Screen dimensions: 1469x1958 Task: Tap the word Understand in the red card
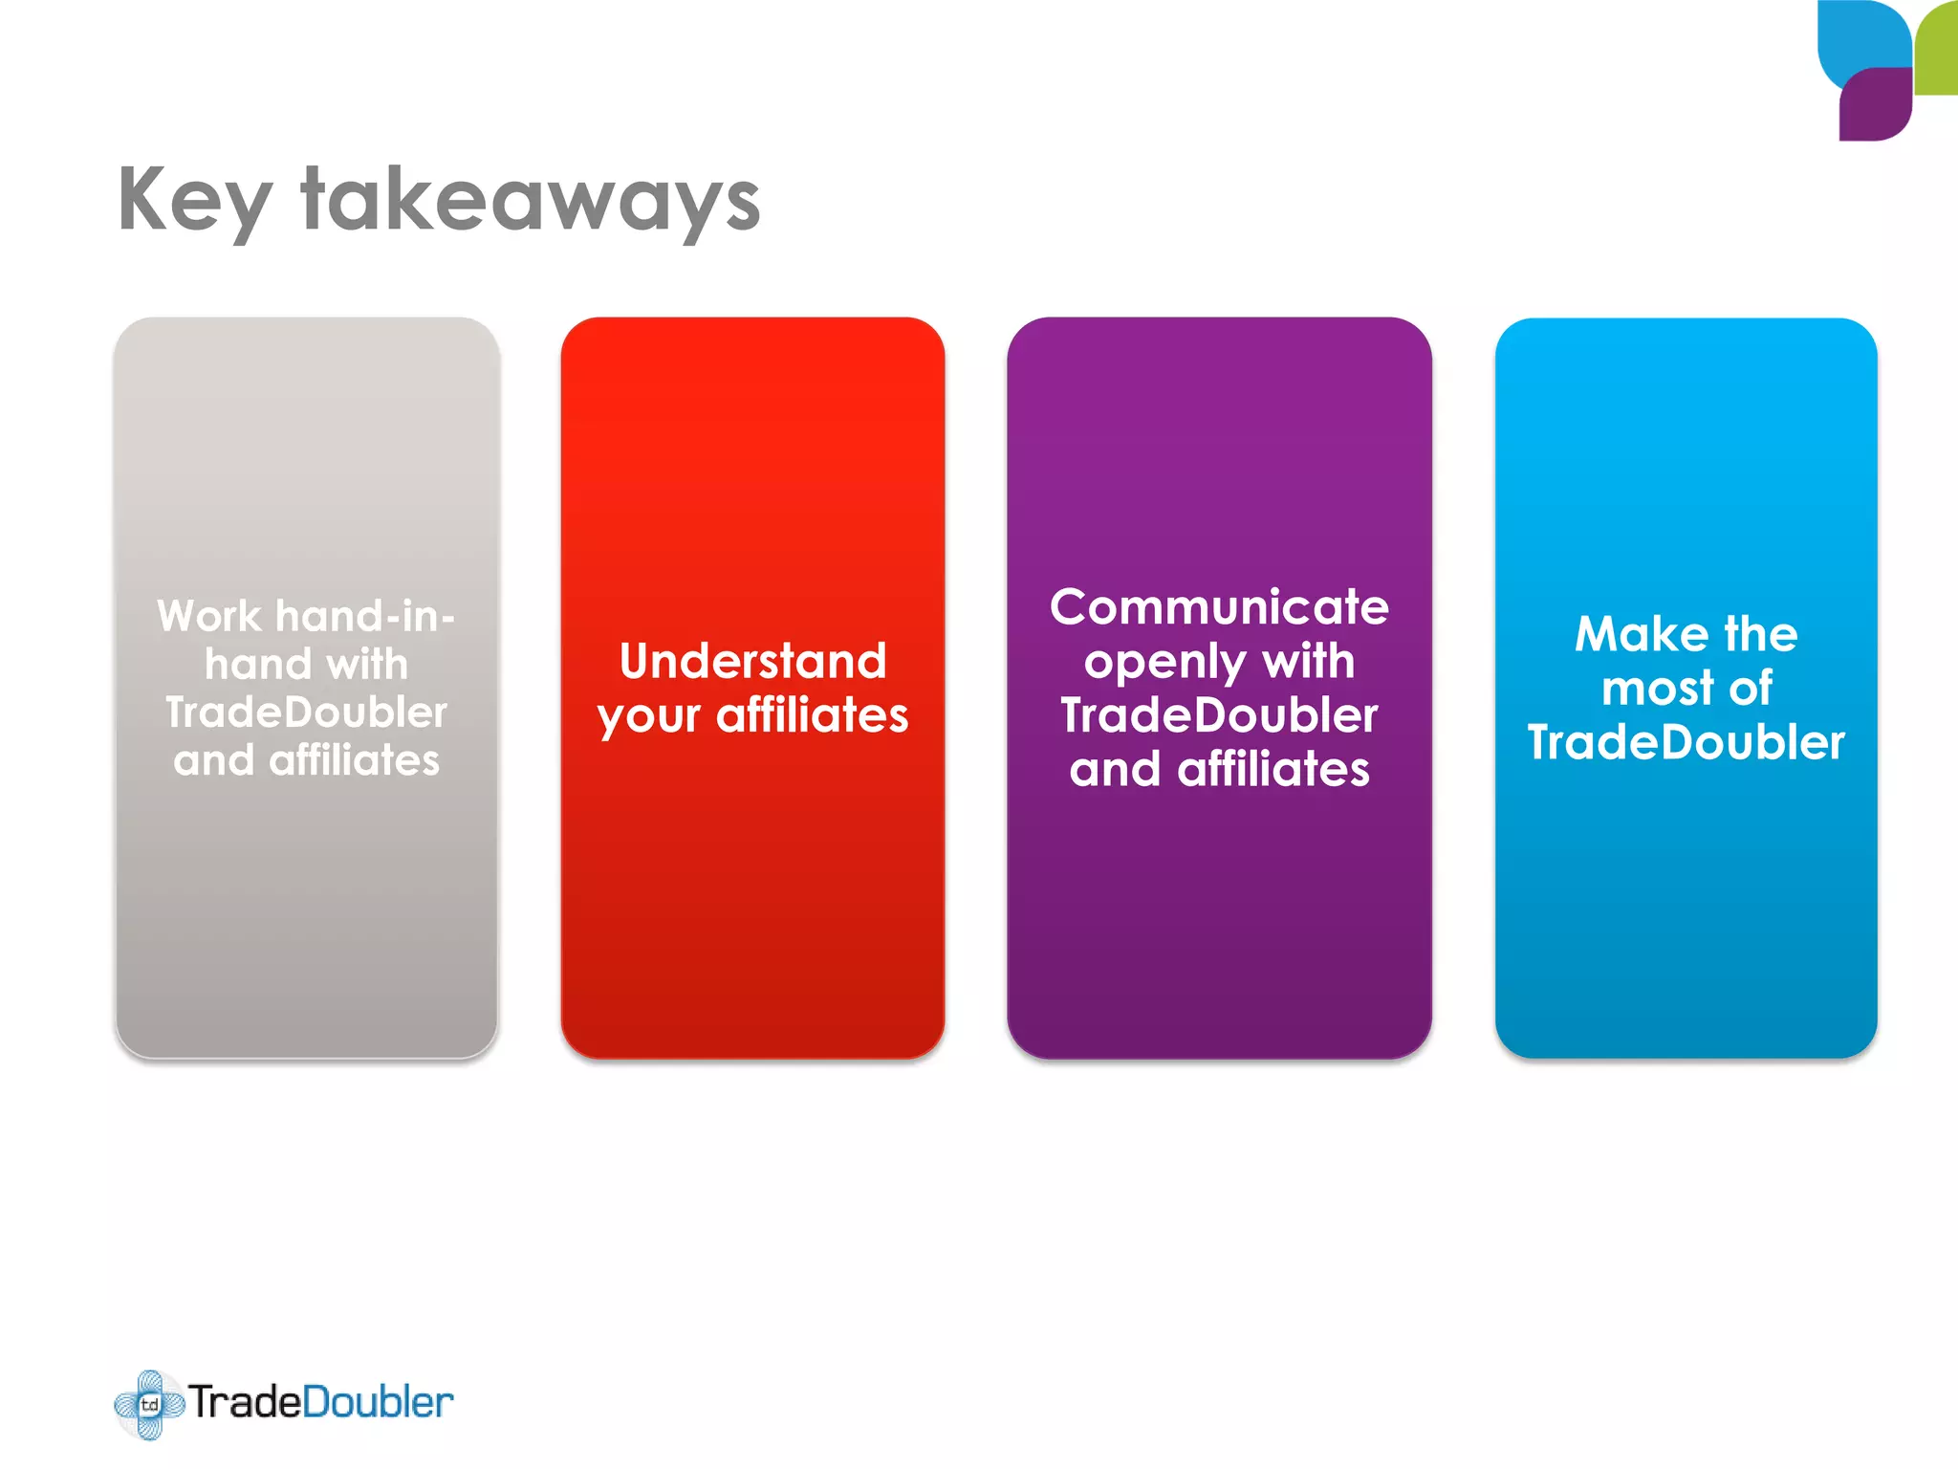pyautogui.click(x=753, y=661)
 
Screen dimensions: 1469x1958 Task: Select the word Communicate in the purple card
pyautogui.click(x=1219, y=607)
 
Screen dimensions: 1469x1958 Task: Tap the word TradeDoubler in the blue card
pyautogui.click(x=1686, y=743)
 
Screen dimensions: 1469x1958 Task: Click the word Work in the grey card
pyautogui.click(x=208, y=616)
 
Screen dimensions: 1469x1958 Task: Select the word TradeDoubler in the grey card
pyautogui.click(x=306, y=713)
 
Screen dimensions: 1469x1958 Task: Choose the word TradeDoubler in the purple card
pyautogui.click(x=1219, y=716)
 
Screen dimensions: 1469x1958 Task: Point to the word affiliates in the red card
pyautogui.click(x=813, y=716)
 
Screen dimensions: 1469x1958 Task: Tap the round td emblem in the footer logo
pyautogui.click(x=149, y=1404)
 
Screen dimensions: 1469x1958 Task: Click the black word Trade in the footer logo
pyautogui.click(x=245, y=1403)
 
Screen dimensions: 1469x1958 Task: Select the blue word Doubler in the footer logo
pyautogui.click(x=378, y=1403)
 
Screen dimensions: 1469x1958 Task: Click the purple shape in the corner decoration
pyautogui.click(x=1874, y=105)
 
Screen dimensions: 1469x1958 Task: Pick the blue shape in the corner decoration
pyautogui.click(x=1860, y=38)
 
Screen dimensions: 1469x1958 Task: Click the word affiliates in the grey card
pyautogui.click(x=354, y=761)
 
